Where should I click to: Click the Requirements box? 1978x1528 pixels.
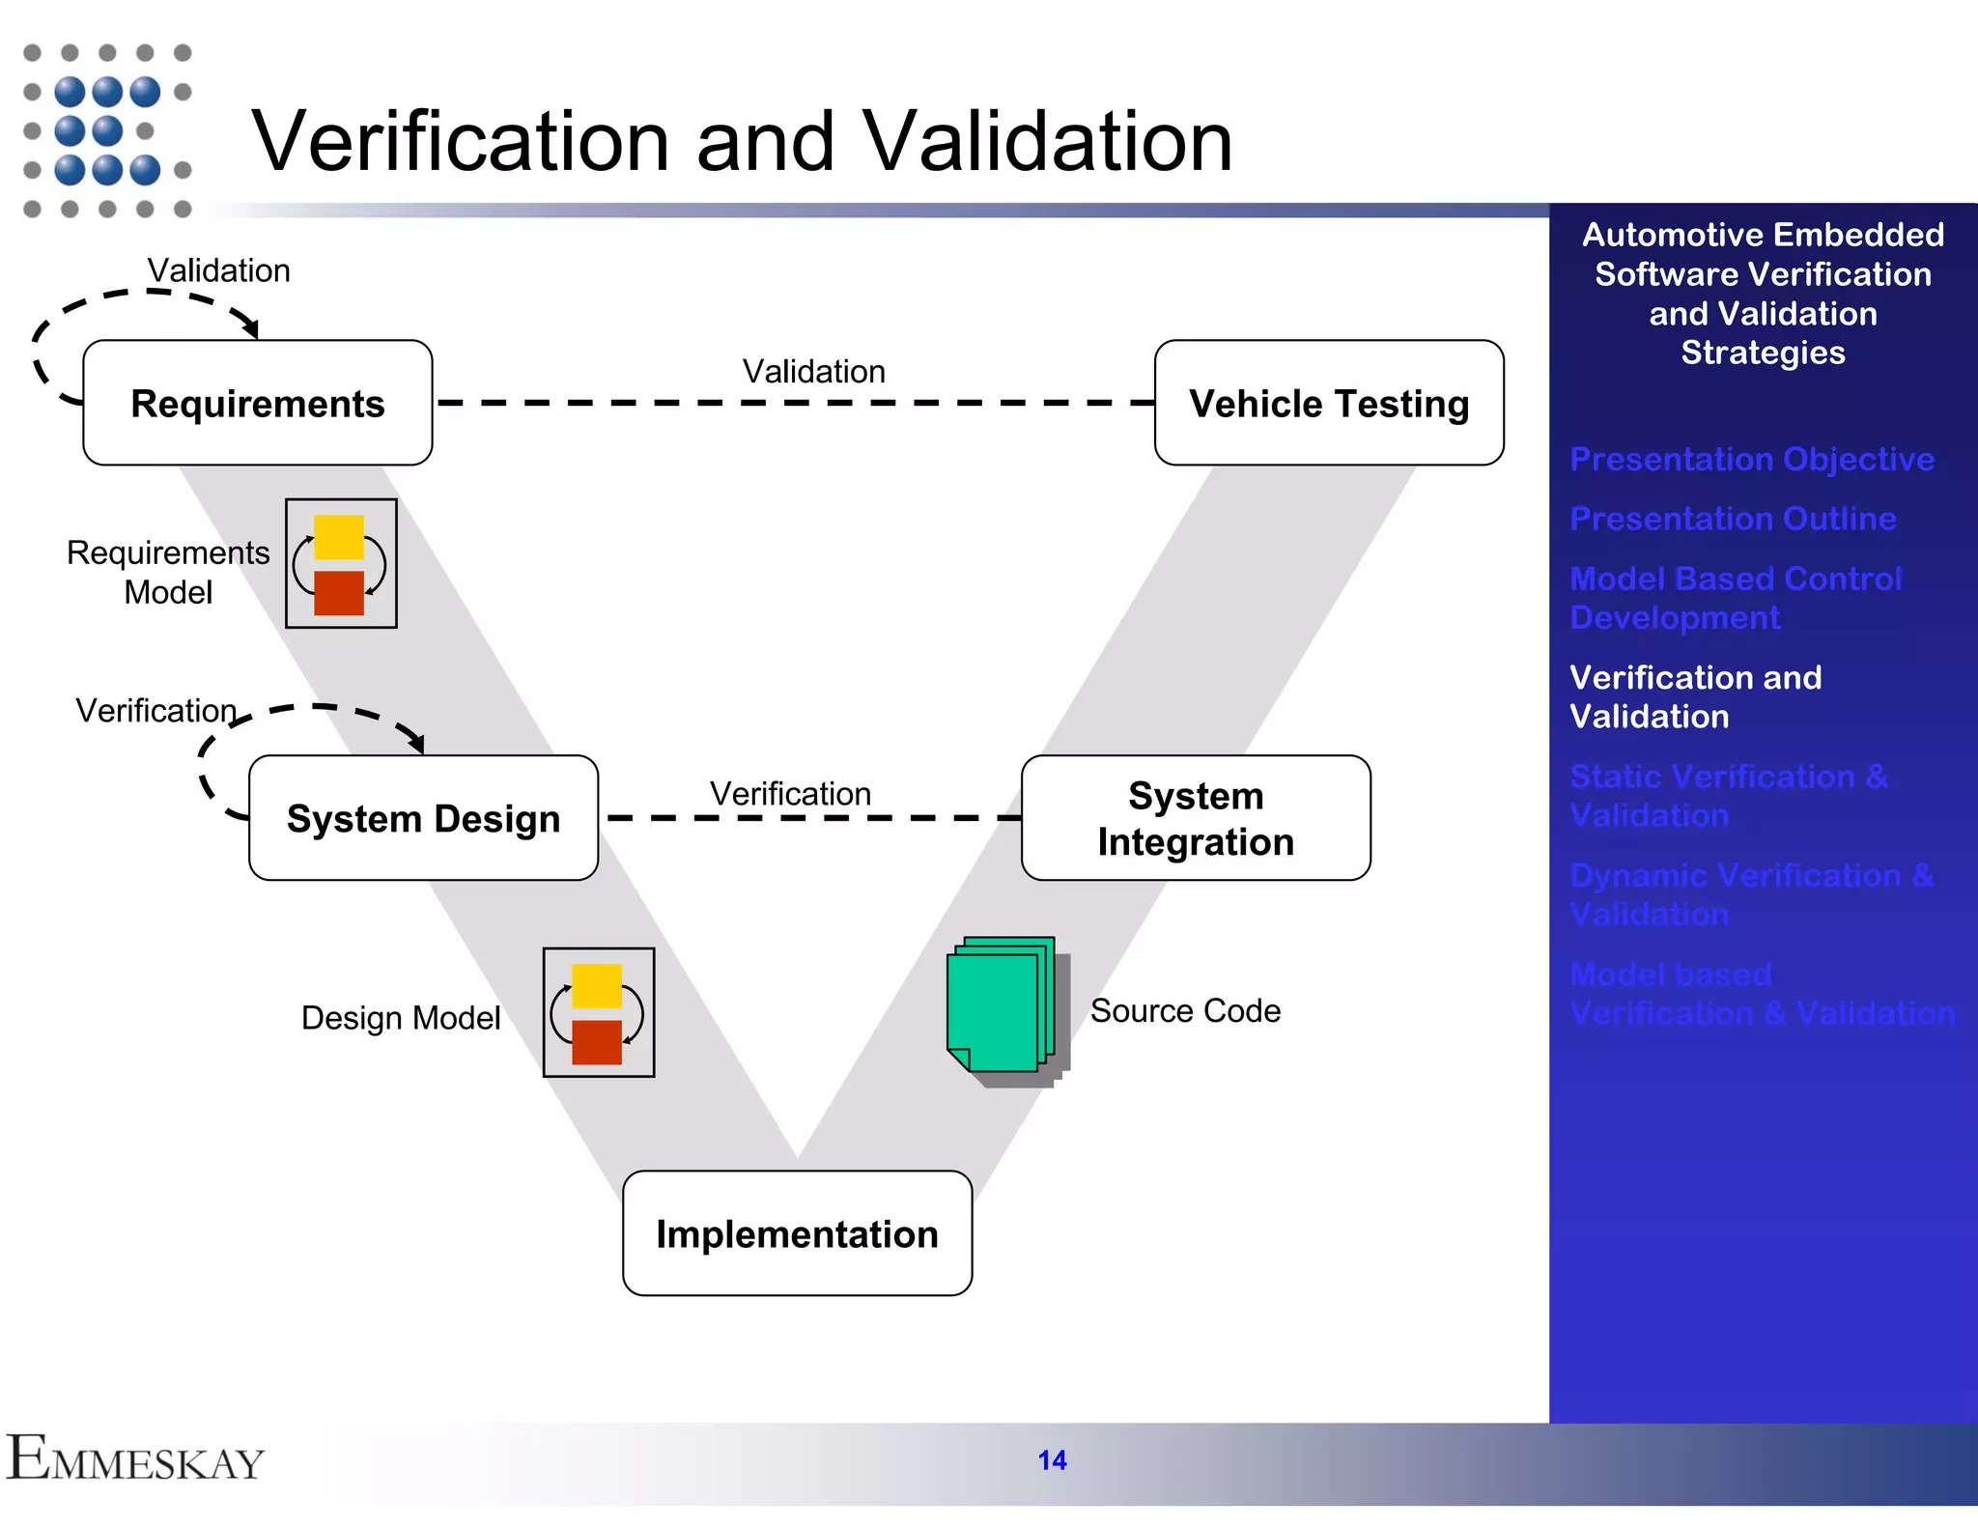pyautogui.click(x=257, y=403)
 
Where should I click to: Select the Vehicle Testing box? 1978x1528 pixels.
pyautogui.click(x=1328, y=403)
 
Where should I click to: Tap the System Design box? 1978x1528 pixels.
pyautogui.click(x=423, y=818)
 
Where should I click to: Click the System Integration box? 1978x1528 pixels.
pyautogui.click(x=1195, y=818)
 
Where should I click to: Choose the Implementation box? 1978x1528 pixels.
pyautogui.click(x=797, y=1233)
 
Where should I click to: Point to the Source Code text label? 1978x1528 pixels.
pyautogui.click(x=1185, y=1010)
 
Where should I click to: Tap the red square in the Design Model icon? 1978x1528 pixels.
pyautogui.click(x=597, y=1042)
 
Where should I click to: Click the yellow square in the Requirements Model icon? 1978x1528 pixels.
pyautogui.click(x=339, y=537)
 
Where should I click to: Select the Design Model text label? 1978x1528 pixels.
pyautogui.click(x=400, y=1018)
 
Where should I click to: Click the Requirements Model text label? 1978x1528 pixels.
pyautogui.click(x=168, y=572)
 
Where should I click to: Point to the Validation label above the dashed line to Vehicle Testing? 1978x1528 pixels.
pyautogui.click(x=813, y=372)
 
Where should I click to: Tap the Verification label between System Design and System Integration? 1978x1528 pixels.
pyautogui.click(x=790, y=794)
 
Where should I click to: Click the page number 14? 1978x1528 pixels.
pyautogui.click(x=1052, y=1460)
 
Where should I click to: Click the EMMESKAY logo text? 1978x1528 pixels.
pyautogui.click(x=135, y=1459)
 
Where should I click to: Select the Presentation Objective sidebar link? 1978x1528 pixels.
pyautogui.click(x=1751, y=459)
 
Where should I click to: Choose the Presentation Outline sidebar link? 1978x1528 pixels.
pyautogui.click(x=1732, y=519)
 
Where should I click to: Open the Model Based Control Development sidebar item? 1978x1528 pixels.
pyautogui.click(x=1735, y=598)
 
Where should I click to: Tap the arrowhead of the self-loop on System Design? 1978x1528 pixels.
pyautogui.click(x=417, y=744)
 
